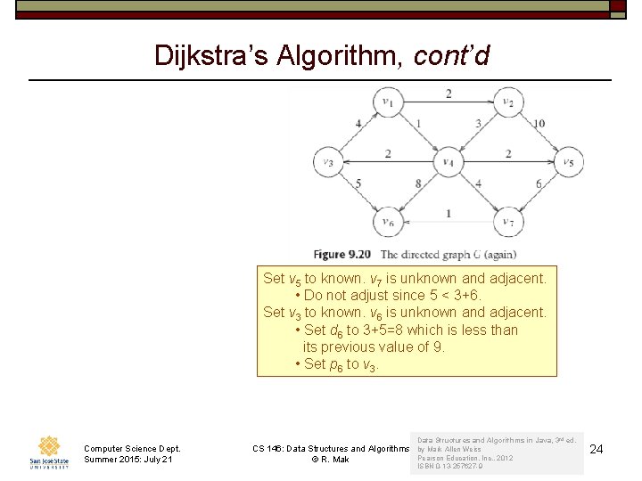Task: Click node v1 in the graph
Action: coord(389,102)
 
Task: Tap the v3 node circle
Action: coord(329,162)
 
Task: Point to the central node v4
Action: coord(449,162)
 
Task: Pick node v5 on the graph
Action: coord(569,162)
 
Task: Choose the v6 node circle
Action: coord(389,222)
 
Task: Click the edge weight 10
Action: coord(539,124)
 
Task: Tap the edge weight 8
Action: coord(418,184)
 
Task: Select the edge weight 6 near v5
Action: coord(539,184)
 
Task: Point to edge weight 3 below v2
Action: coord(478,124)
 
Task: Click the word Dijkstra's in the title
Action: coord(210,55)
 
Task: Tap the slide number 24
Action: coord(597,449)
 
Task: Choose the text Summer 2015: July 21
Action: coord(128,460)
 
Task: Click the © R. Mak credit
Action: coord(330,460)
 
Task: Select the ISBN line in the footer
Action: coord(450,466)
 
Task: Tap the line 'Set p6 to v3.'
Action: coord(341,363)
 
